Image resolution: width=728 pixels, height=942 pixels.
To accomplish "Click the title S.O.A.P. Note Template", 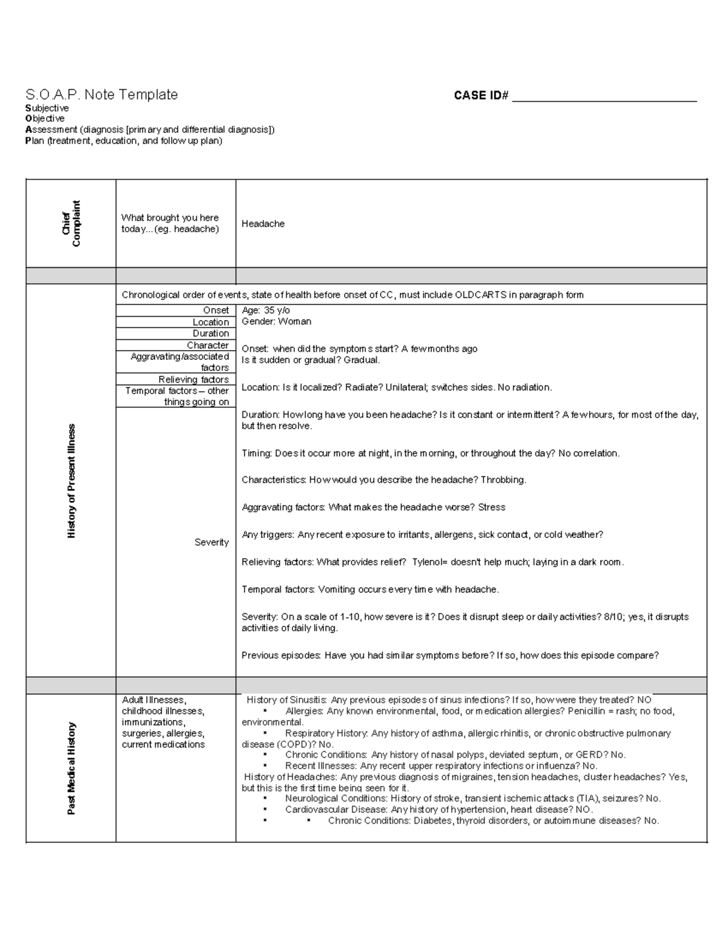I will click(x=101, y=95).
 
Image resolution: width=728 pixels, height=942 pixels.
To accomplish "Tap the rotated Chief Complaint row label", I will click(x=71, y=224).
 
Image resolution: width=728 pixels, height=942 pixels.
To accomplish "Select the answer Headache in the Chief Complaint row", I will click(x=263, y=224).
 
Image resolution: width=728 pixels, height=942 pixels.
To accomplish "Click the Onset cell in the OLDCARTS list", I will click(x=215, y=310).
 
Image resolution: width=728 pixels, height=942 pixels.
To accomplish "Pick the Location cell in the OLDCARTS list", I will click(x=211, y=322).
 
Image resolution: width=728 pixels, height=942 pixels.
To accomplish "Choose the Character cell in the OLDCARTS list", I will click(x=207, y=345).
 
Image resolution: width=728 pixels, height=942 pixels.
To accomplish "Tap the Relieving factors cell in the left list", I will click(x=194, y=380).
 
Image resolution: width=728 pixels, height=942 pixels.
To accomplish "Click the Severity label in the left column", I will click(x=211, y=542).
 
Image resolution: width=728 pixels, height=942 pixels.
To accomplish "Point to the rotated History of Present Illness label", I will click(x=71, y=481).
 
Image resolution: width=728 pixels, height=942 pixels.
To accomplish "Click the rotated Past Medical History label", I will click(x=71, y=769).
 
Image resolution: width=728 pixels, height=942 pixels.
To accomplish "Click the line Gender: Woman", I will click(x=276, y=321).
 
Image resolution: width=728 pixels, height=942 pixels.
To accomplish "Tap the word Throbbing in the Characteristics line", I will click(x=503, y=480).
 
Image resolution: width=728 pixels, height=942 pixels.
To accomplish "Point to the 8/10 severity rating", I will click(x=613, y=617).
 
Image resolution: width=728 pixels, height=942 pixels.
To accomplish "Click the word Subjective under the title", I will click(x=47, y=108).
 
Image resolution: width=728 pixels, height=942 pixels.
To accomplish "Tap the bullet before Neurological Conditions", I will click(x=265, y=799).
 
